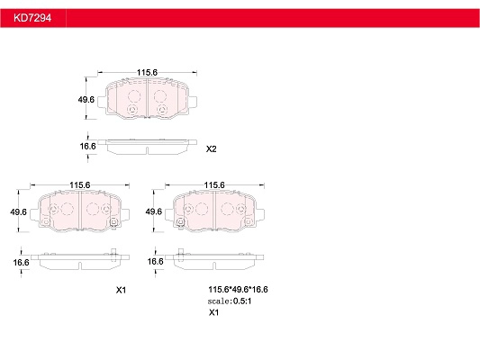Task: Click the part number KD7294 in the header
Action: (32, 18)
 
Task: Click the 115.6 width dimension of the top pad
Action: (147, 73)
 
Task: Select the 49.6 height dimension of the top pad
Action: (86, 99)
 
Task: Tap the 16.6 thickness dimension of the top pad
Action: (88, 146)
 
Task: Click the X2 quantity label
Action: (212, 149)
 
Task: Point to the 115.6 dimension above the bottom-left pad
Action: (79, 185)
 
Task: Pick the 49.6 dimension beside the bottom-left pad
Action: (18, 211)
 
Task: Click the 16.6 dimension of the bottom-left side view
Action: (21, 263)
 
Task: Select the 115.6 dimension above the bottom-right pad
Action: (214, 185)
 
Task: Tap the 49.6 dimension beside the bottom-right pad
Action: (153, 211)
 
